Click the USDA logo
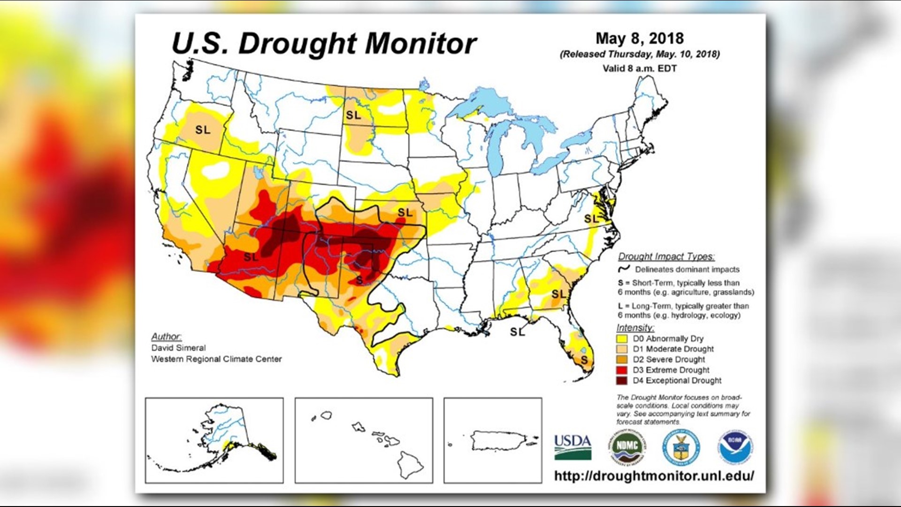[573, 447]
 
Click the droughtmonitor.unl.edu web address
[654, 476]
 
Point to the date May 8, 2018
[639, 38]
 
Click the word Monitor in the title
[421, 44]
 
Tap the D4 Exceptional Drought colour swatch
[622, 381]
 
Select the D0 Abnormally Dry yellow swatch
[622, 338]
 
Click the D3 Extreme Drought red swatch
[622, 370]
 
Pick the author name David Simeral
[178, 348]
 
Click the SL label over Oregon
[203, 130]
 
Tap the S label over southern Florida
[584, 360]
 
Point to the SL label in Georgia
[559, 294]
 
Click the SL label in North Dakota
[353, 115]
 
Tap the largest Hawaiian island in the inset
[409, 464]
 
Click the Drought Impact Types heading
[666, 256]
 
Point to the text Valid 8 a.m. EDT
[639, 69]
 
